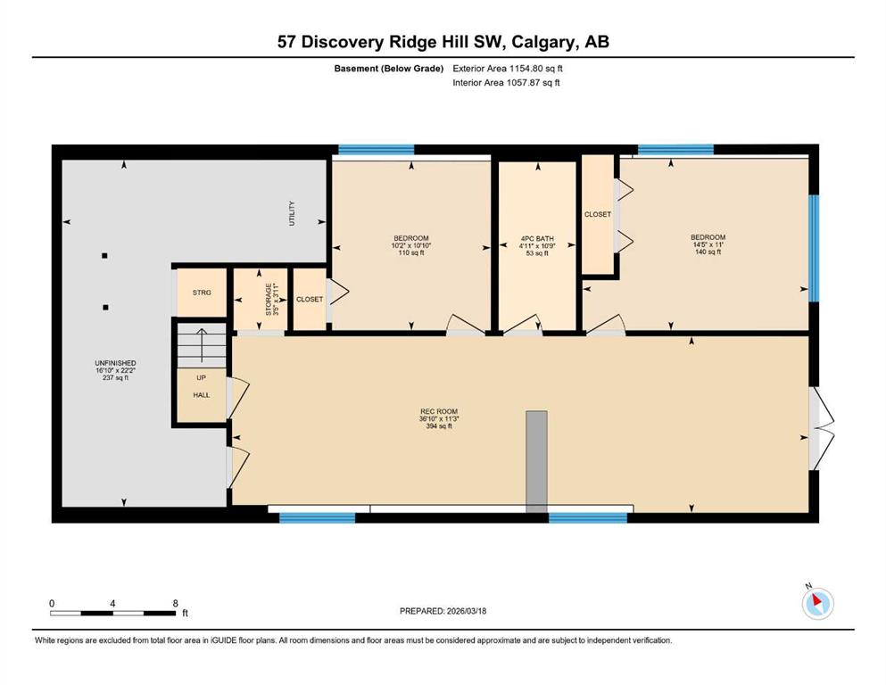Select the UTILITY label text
pos(292,213)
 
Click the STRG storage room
pos(202,293)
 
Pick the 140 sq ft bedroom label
pos(708,244)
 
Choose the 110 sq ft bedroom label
pos(410,245)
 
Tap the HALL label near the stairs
pos(201,395)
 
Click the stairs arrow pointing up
pos(202,344)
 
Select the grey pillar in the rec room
pos(536,462)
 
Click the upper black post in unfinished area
pos(104,256)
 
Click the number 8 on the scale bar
pos(175,603)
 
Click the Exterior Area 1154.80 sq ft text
pos(508,69)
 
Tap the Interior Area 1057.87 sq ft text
pos(506,82)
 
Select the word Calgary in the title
pos(544,42)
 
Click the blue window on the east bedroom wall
pos(814,249)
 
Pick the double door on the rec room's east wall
pos(821,428)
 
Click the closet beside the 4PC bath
pos(598,215)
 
